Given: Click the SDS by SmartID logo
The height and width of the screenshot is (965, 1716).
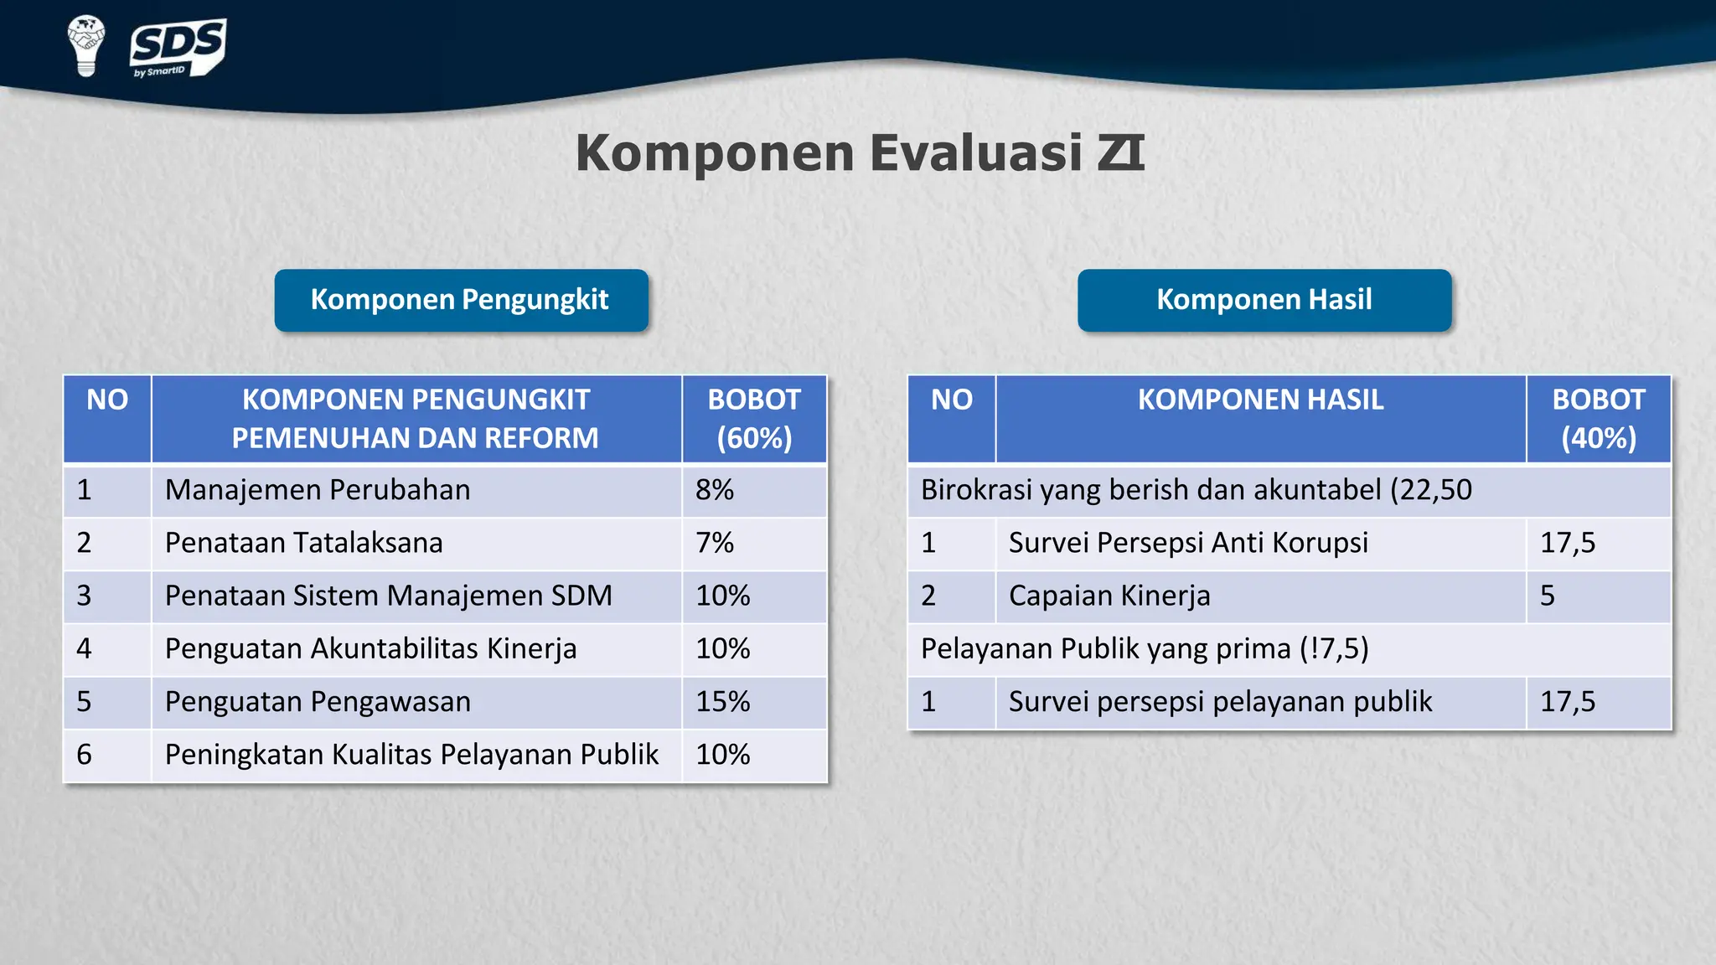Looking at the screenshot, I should (x=178, y=47).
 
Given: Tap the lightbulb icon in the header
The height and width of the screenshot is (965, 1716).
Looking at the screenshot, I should (x=85, y=45).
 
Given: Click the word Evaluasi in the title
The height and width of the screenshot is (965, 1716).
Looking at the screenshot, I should (x=975, y=153).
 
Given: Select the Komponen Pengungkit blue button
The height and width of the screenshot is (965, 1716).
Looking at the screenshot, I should (x=461, y=300).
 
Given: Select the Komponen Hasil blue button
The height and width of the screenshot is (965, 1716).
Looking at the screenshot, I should (x=1264, y=300).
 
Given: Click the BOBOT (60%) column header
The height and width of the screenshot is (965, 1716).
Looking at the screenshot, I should (x=754, y=419).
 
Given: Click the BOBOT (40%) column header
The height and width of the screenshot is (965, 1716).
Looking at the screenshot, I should (x=1598, y=419).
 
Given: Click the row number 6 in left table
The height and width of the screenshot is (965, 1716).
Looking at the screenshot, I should (x=85, y=755).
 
